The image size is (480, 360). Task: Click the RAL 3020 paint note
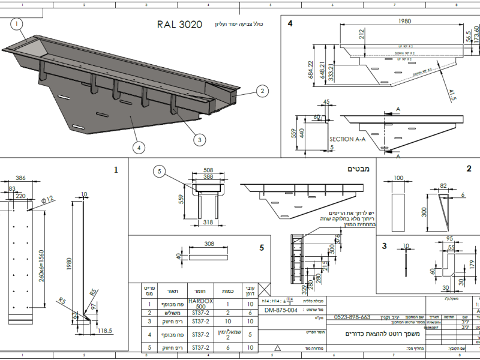179,25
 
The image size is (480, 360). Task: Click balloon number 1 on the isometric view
17,23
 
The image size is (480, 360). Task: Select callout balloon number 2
262,91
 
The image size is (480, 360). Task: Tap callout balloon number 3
199,139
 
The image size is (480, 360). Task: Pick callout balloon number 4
139,146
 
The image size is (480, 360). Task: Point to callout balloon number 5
159,172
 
